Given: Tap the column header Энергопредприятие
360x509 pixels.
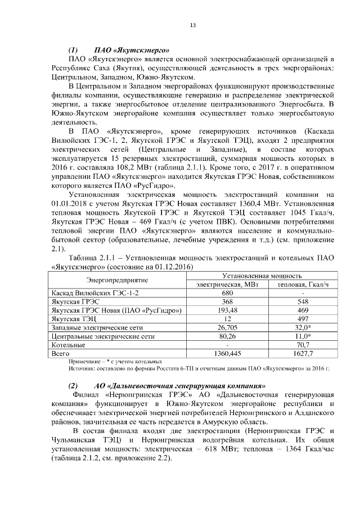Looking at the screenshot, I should click(x=117, y=280).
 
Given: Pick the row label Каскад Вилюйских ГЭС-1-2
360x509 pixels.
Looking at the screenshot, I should click(x=94, y=293).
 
